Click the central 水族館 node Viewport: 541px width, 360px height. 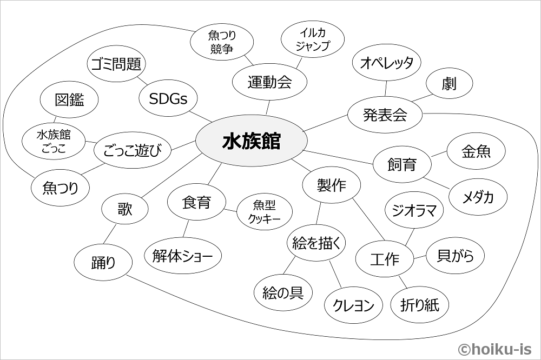coord(251,142)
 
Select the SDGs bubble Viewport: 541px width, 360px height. coord(168,98)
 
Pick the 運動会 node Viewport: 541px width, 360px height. coord(269,82)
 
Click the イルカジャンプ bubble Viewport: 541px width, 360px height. coord(312,39)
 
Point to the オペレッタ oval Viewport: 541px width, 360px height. coord(386,63)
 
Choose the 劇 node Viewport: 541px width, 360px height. coord(449,84)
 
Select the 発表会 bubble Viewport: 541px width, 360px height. coord(385,115)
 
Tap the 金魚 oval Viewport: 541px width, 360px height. coord(476,152)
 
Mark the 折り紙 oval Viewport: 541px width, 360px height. coord(419,305)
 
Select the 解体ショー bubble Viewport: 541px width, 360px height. coord(183,256)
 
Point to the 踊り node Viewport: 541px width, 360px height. coord(103,263)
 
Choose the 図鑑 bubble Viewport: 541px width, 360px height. coord(70,99)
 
